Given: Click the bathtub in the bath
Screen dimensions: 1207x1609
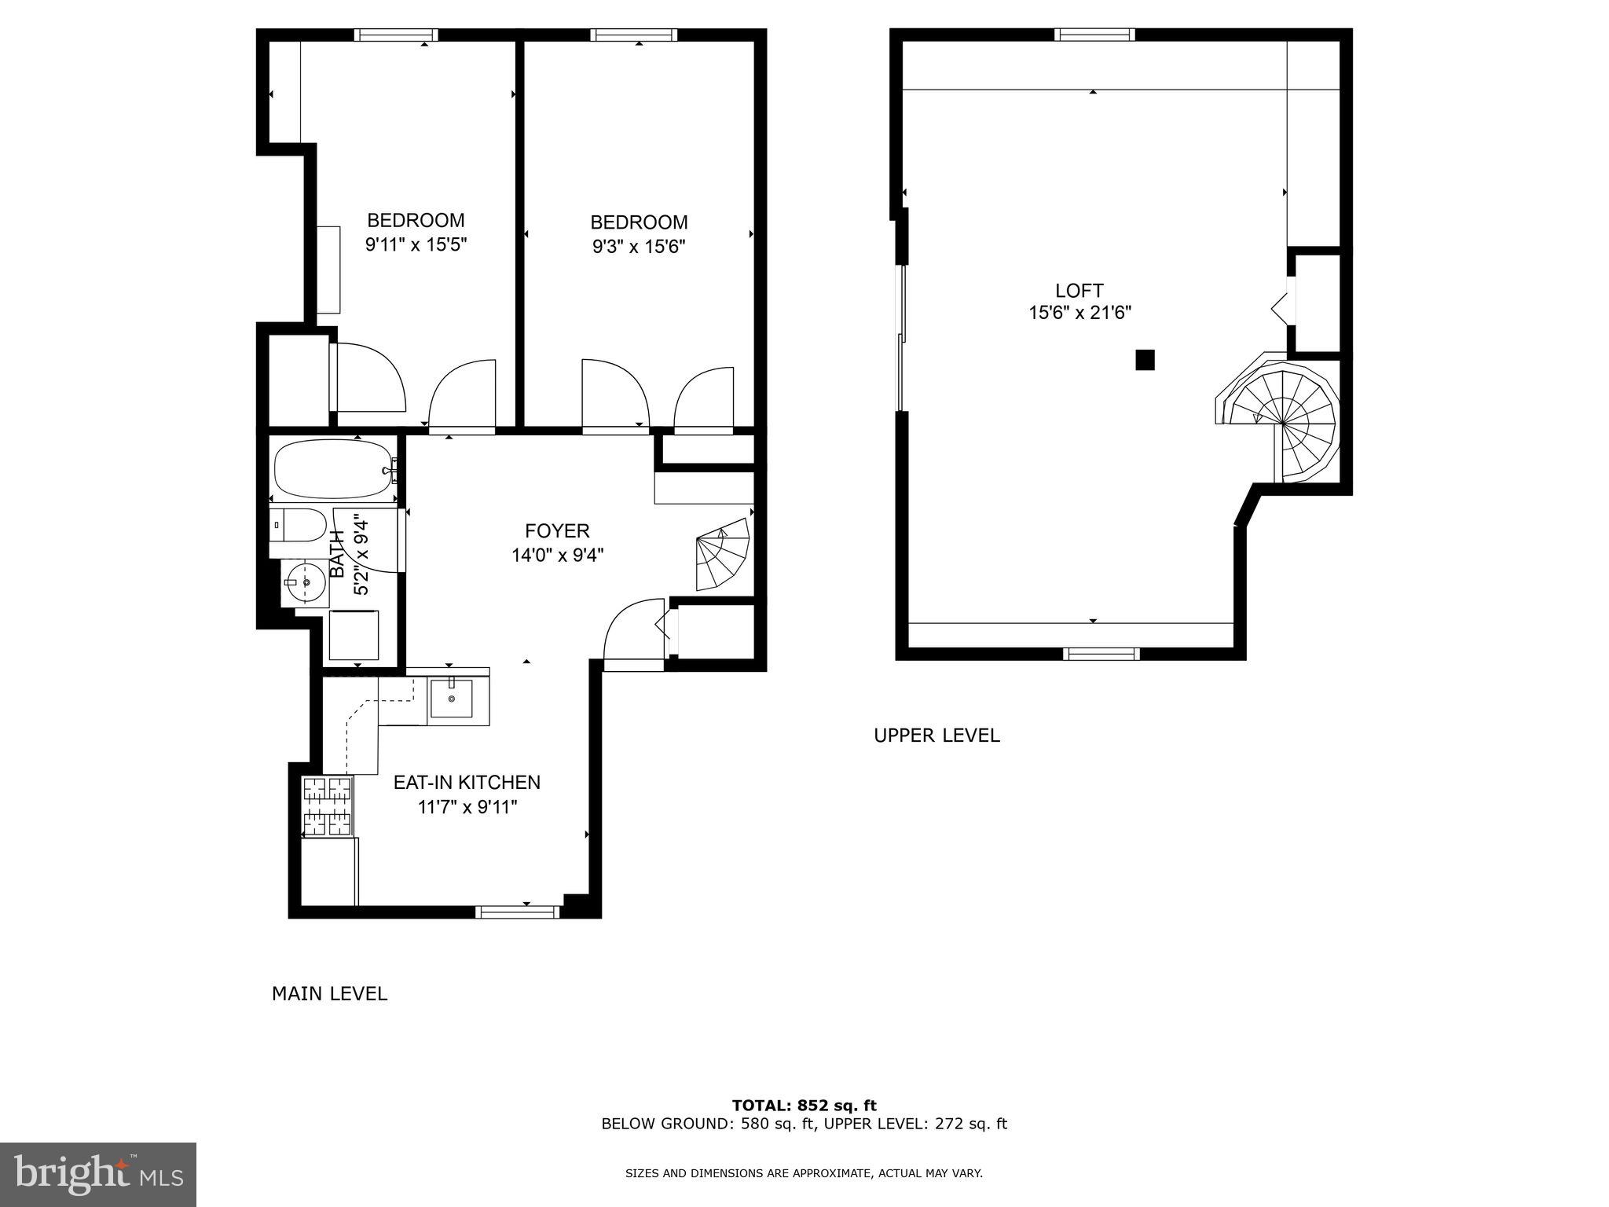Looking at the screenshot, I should pyautogui.click(x=332, y=469).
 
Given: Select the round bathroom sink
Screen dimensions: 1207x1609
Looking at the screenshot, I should pyautogui.click(x=305, y=582).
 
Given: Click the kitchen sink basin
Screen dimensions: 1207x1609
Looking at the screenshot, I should pyautogui.click(x=451, y=699).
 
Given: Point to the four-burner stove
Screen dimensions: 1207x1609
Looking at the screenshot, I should pyautogui.click(x=328, y=805).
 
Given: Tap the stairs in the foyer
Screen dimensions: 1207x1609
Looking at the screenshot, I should pyautogui.click(x=722, y=553).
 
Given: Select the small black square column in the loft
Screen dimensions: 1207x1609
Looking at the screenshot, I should pyautogui.click(x=1145, y=360).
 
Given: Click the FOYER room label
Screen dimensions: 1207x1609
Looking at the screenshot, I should pyautogui.click(x=557, y=531).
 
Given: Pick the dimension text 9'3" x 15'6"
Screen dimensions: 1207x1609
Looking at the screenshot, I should pyautogui.click(x=639, y=247).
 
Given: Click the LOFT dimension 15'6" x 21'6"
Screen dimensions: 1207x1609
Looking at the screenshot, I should pyautogui.click(x=1079, y=313).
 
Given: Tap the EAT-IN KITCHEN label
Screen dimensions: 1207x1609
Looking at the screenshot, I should pyautogui.click(x=467, y=783).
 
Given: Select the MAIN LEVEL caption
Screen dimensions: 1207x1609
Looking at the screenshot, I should pyautogui.click(x=329, y=994).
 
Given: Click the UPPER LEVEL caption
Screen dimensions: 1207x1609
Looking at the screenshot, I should pyautogui.click(x=936, y=736).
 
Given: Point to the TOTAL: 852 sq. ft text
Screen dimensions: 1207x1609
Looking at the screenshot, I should pyautogui.click(x=804, y=1106).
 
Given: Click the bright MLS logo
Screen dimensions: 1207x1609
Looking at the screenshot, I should pyautogui.click(x=97, y=1174).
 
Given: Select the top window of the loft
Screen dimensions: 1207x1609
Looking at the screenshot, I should pyautogui.click(x=1094, y=35).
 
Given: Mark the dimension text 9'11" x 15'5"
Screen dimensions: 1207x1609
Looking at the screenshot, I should pyautogui.click(x=416, y=244).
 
